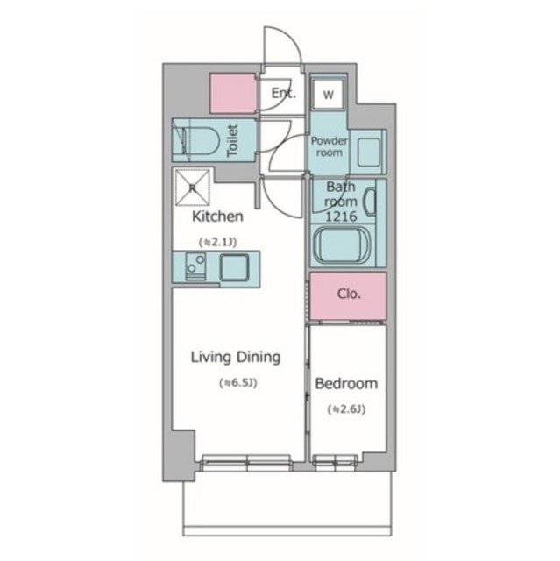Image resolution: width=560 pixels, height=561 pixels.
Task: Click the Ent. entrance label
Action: click(x=284, y=94)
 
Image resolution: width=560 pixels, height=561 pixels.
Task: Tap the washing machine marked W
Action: click(x=329, y=95)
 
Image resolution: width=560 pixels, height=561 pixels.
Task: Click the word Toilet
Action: click(x=232, y=140)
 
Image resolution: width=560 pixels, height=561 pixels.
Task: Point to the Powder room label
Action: click(x=329, y=146)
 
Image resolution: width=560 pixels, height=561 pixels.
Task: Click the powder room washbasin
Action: click(x=368, y=153)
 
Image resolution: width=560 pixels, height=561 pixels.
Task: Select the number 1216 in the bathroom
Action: click(x=341, y=217)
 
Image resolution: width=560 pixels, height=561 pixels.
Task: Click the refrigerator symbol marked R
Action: click(x=193, y=188)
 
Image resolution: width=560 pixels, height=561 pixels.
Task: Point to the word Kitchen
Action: click(x=217, y=217)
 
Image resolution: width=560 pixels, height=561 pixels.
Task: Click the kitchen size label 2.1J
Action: click(x=217, y=243)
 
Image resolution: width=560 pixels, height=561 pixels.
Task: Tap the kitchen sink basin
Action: click(x=234, y=267)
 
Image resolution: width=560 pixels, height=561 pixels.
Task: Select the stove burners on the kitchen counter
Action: click(x=195, y=266)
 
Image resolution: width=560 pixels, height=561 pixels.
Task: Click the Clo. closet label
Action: click(x=349, y=295)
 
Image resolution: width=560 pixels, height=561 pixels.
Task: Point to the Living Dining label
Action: click(x=236, y=358)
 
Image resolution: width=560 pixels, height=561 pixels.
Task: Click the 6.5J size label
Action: click(x=238, y=383)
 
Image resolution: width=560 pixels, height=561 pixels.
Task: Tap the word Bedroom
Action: click(x=346, y=384)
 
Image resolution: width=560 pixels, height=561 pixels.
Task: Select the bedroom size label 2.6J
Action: click(x=346, y=409)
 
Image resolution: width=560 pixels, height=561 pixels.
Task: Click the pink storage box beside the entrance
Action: click(x=233, y=94)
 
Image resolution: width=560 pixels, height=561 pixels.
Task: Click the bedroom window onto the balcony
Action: click(x=335, y=462)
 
